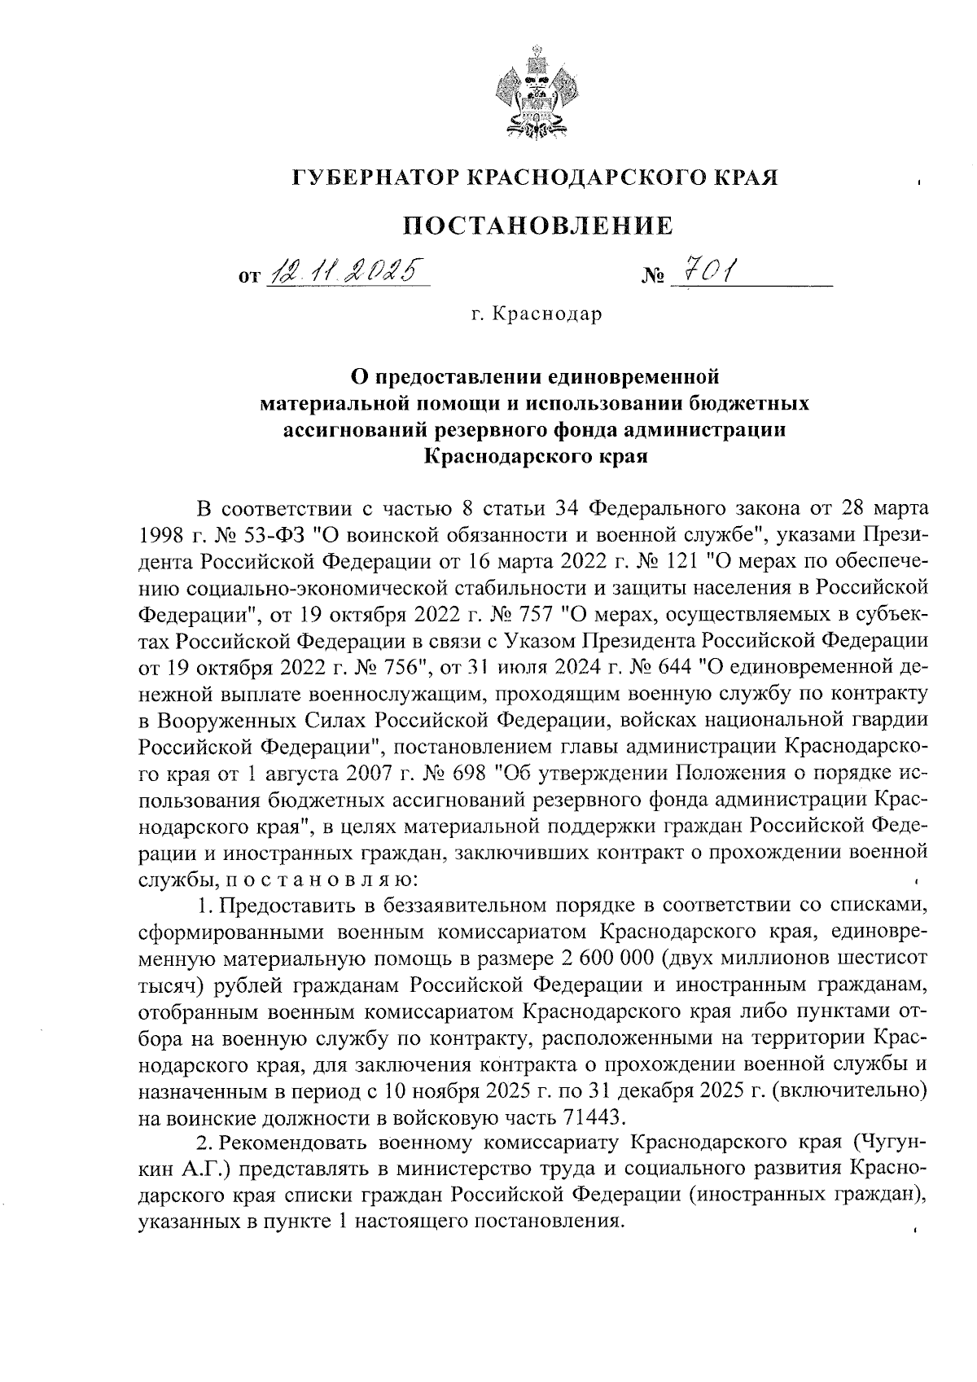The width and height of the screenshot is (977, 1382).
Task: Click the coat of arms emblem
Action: point(534,93)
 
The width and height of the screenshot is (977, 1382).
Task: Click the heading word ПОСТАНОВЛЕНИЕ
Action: point(540,225)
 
